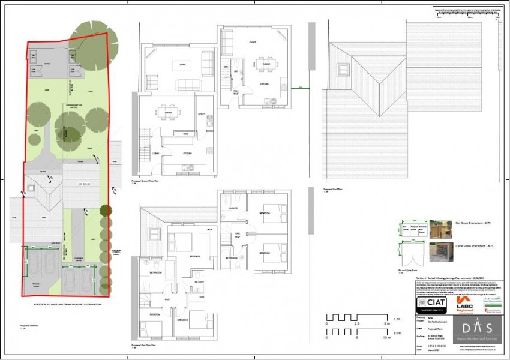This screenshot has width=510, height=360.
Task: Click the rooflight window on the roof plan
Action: coord(344,67)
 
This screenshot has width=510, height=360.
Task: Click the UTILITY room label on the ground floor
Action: coord(202,113)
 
